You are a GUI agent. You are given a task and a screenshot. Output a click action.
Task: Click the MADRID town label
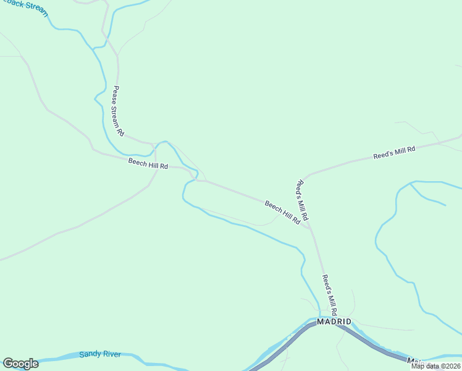[x=334, y=322]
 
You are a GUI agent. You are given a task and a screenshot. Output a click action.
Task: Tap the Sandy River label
[x=100, y=355]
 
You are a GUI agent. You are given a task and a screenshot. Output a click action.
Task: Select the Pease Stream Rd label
[x=118, y=111]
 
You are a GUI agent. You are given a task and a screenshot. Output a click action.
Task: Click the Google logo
[x=20, y=364]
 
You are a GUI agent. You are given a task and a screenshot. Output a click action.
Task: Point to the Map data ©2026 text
[x=435, y=366]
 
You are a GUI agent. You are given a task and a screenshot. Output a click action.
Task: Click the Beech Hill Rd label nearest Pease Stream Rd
[x=148, y=164]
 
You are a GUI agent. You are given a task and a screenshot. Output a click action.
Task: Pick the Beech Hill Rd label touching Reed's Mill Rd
[x=283, y=211]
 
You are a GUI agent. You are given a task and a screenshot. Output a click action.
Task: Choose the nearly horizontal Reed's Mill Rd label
[x=395, y=153]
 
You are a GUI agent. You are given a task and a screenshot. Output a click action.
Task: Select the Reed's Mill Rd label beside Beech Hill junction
[x=303, y=200]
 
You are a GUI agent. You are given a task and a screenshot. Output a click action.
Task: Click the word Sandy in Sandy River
[x=90, y=355]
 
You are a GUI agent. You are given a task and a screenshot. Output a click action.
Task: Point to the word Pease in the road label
[x=115, y=95]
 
